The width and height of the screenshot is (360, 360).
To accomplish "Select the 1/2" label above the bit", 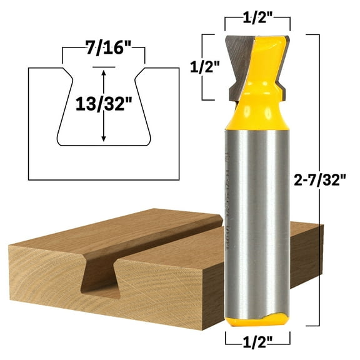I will pyautogui.click(x=258, y=16).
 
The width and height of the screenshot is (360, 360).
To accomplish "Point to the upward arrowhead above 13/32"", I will pyautogui.click(x=104, y=72).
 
